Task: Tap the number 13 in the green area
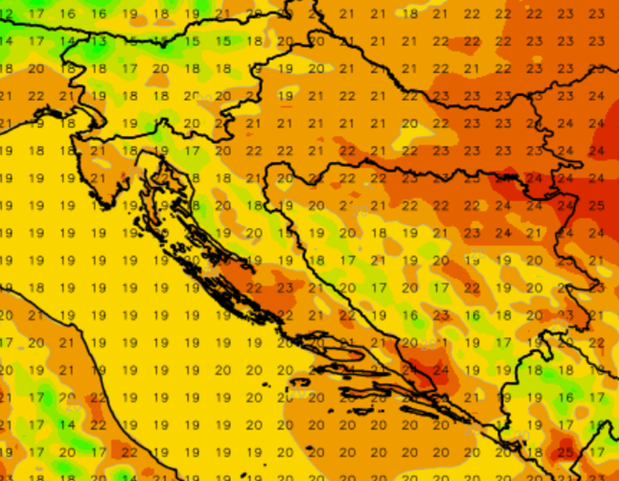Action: pos(99,41)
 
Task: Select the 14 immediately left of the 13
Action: pos(67,41)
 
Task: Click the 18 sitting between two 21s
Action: pos(410,14)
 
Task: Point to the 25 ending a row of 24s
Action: pos(596,206)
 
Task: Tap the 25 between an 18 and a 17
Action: pos(565,453)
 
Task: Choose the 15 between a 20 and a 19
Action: pos(285,233)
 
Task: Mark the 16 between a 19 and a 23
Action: pos(410,316)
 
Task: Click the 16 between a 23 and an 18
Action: pos(473,316)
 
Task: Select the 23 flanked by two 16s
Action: pos(441,316)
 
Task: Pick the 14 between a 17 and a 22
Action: pos(67,425)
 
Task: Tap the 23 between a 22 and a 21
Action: pos(285,288)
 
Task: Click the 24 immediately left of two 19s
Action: pos(441,370)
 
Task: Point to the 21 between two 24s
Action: pos(534,233)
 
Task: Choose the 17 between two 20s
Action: pos(379,288)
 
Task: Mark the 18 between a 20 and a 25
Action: pos(534,453)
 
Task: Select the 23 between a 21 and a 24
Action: pos(473,233)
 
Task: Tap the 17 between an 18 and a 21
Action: pos(348,261)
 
